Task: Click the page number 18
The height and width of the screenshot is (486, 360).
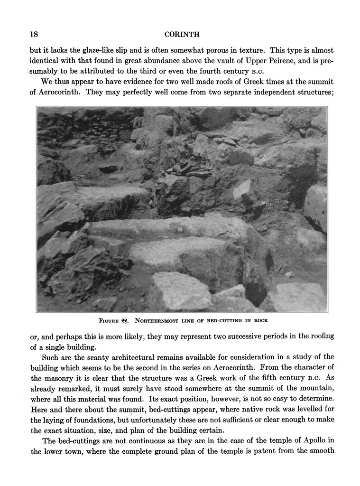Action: click(x=34, y=34)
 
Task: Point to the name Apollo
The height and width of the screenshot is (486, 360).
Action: click(x=313, y=441)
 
